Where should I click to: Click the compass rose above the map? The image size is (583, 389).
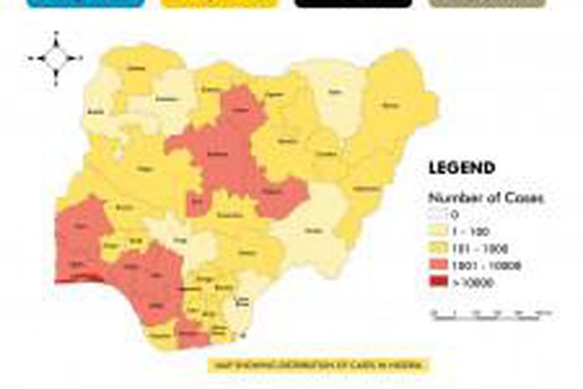(56, 58)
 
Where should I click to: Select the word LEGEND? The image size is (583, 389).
(461, 168)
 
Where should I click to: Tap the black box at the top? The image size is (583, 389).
(353, 3)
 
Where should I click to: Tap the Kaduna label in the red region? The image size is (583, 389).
(218, 154)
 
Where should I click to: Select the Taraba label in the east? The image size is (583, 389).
(313, 231)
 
